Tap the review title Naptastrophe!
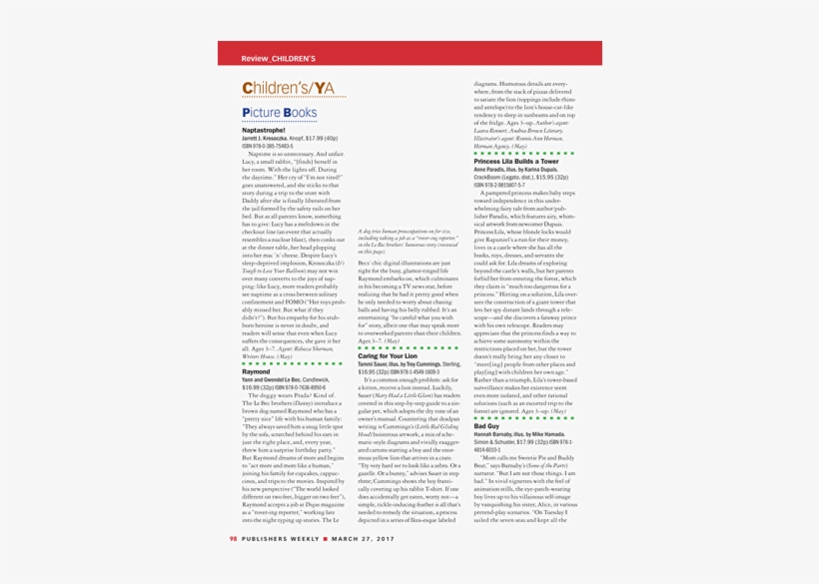(x=265, y=131)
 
